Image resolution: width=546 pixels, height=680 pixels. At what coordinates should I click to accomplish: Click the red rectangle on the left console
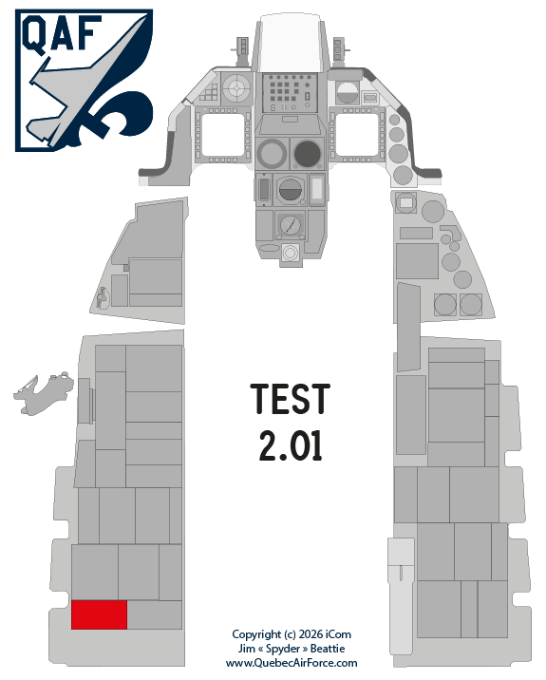click(99, 614)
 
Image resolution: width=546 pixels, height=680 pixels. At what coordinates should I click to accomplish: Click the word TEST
click(291, 399)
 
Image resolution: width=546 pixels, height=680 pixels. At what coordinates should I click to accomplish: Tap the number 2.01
click(291, 445)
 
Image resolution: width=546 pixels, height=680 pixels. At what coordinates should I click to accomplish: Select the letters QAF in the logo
click(62, 33)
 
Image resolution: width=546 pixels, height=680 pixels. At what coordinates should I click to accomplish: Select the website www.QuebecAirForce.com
click(292, 663)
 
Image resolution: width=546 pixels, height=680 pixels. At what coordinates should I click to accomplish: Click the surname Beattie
click(328, 649)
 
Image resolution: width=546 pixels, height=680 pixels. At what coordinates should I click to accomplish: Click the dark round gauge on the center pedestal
click(308, 154)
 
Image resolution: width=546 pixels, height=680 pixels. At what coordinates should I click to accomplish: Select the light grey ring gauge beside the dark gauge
click(272, 154)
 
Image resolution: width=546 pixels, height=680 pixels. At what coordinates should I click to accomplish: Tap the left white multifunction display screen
click(223, 135)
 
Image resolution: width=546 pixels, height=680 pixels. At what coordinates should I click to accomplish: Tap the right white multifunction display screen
click(357, 135)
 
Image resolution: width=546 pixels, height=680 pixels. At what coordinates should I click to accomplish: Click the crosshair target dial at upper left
click(236, 88)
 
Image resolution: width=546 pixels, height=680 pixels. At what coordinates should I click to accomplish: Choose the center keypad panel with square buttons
click(291, 92)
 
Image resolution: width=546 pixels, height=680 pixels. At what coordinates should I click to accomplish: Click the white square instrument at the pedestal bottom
click(291, 252)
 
